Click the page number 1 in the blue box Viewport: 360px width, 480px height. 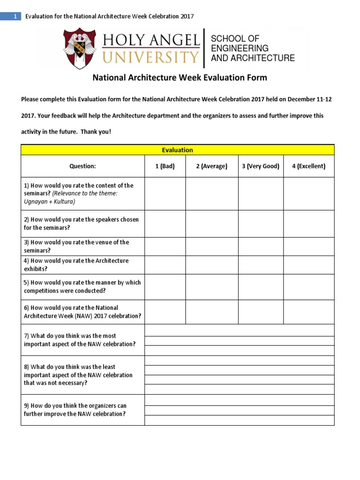pos(15,16)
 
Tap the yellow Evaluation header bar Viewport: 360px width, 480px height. pos(177,150)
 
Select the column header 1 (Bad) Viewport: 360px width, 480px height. pos(165,166)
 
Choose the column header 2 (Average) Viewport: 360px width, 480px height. pos(211,166)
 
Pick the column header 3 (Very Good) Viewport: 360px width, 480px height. pos(261,166)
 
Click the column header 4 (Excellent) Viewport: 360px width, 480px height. pos(308,166)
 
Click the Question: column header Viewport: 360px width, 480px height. pos(82,166)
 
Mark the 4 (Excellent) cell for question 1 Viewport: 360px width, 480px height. pos(308,194)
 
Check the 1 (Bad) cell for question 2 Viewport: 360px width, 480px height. pos(165,224)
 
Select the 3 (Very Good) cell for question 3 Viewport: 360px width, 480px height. pos(261,247)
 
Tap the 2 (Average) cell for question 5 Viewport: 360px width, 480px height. pos(211,287)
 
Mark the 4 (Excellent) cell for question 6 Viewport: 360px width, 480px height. pos(308,312)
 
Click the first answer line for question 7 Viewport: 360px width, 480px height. pos(239,330)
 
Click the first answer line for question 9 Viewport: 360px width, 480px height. pos(239,400)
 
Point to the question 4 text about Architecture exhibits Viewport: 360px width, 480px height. pos(76,265)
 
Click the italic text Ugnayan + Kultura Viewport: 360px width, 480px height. pos(50,202)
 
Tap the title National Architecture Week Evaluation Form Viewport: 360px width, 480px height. pos(179,77)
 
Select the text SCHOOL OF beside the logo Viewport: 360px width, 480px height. pos(235,38)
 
